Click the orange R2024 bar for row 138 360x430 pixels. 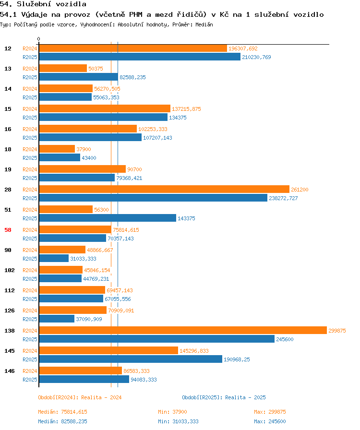183,330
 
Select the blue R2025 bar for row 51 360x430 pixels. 108,218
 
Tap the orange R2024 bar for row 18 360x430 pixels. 57,149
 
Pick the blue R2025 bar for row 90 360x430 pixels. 54,258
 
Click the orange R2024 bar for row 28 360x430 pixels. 164,189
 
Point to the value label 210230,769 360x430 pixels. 256,57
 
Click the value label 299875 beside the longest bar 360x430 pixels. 337,331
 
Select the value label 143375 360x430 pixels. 186,218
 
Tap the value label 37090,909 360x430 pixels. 89,319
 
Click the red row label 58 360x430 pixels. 8,230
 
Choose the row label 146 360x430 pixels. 10,371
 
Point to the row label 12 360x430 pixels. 8,48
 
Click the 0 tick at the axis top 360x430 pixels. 39,39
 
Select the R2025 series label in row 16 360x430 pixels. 30,138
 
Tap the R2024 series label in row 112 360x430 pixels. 30,290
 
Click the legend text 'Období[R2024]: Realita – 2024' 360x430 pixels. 80,397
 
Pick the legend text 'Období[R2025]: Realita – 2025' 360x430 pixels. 224,397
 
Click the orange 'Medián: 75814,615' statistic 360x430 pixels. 62,412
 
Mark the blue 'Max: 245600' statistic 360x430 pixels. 270,421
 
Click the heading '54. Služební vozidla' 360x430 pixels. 43,4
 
